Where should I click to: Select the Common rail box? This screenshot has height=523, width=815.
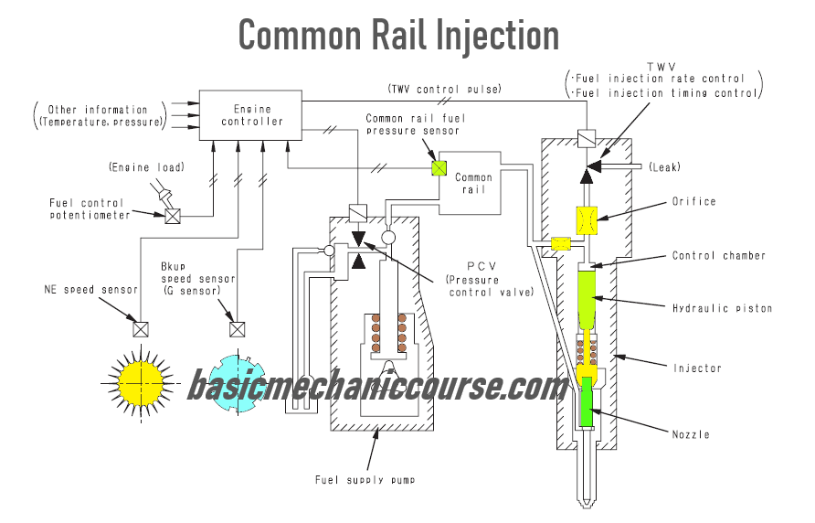coord(473,184)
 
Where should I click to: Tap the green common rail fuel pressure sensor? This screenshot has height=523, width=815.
coord(439,168)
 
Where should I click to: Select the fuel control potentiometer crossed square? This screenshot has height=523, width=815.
coord(171,216)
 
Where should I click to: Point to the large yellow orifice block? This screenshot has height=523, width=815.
coord(587,219)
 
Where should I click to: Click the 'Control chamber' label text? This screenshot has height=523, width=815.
coord(717,256)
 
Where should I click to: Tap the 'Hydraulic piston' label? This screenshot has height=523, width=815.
coord(722,308)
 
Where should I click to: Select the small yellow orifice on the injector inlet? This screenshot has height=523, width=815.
coord(561,243)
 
